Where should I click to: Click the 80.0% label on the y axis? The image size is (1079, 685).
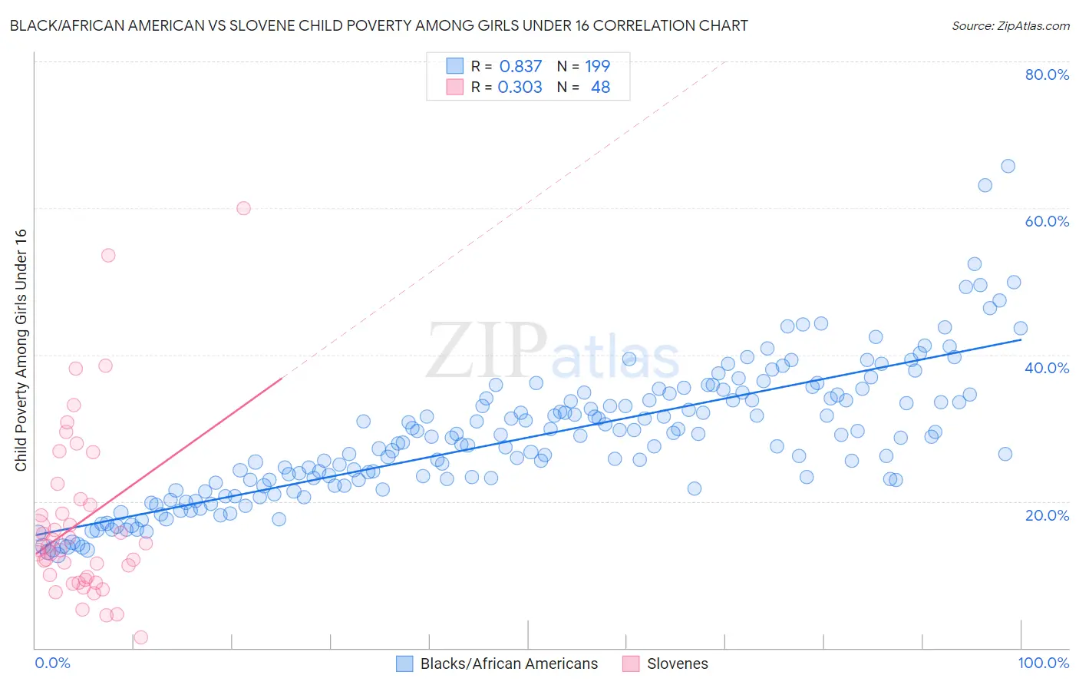[1047, 74]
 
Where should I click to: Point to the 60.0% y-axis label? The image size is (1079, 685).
[1047, 221]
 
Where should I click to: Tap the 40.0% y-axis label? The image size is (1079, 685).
[1047, 368]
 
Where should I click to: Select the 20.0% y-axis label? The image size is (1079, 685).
[1047, 515]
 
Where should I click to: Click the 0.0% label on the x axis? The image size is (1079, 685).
[52, 663]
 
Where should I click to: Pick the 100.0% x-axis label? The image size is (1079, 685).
[1043, 663]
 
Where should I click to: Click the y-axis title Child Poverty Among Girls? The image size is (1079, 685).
[21, 350]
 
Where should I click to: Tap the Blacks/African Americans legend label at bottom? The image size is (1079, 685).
[509, 663]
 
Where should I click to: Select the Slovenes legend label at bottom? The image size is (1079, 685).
[677, 663]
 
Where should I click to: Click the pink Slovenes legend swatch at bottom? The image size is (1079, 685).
[631, 663]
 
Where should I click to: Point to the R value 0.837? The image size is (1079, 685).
[520, 67]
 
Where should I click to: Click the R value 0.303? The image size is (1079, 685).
[520, 88]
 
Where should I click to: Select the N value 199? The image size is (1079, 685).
[597, 67]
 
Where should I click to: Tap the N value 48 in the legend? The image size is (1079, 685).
[600, 88]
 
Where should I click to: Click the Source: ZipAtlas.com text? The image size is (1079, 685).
[1010, 26]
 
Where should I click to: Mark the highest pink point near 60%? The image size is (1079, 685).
[243, 208]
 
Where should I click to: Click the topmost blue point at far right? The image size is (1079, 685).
[1008, 167]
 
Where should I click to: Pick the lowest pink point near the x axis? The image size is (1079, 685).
[140, 637]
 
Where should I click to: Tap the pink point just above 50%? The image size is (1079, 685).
[108, 256]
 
